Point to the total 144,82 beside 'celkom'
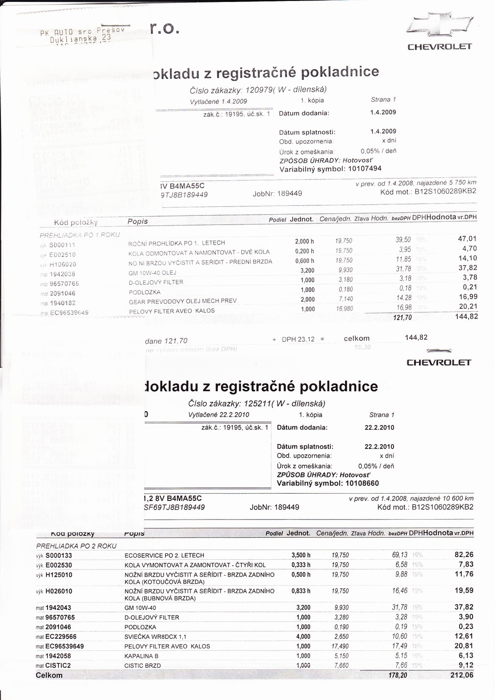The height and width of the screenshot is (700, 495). coord(416,337)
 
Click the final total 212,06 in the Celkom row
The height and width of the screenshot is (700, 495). coord(461,675)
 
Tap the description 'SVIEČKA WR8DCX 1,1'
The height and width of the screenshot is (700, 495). coord(155,637)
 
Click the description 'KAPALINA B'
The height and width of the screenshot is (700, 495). coord(142,656)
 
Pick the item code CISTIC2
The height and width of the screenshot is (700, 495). coord(58,666)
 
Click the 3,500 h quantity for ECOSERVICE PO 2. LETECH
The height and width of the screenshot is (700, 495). coord(301,555)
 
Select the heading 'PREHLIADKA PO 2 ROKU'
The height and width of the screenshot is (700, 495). coord(76,546)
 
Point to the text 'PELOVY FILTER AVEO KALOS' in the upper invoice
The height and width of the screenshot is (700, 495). coord(172,311)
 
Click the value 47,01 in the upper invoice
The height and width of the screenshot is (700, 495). coord(467,239)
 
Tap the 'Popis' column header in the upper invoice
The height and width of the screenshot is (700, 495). coord(137,221)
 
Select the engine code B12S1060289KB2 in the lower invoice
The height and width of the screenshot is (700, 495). coord(443,507)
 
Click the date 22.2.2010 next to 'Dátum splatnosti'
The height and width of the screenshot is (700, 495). coord(379,447)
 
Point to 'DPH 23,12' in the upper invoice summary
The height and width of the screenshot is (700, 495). coord(300,338)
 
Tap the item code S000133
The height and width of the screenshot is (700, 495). coord(58,555)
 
